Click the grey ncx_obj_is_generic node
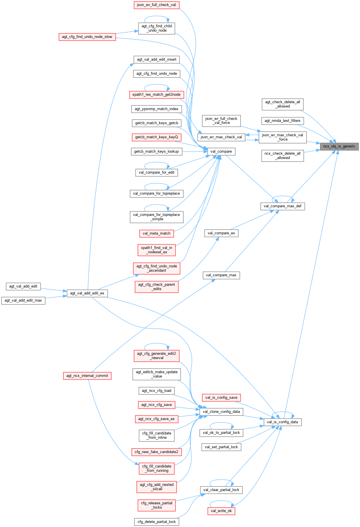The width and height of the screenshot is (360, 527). point(339,146)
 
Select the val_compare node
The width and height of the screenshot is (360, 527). point(221,152)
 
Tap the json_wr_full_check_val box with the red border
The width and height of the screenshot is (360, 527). point(156,5)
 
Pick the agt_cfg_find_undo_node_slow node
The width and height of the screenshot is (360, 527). point(87,37)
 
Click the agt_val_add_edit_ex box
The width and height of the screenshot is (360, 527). point(87,293)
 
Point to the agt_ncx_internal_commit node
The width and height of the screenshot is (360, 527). point(87,376)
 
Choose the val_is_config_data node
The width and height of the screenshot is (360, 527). point(282,422)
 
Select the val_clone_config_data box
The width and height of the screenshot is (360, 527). point(221,412)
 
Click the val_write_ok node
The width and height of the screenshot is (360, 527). point(221,511)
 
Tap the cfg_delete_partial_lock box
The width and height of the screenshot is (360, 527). point(157,522)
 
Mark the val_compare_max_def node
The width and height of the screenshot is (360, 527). point(282,206)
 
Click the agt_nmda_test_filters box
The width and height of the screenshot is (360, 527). point(282,121)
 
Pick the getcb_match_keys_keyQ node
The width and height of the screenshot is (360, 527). point(157,137)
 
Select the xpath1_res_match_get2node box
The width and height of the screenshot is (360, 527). point(157,95)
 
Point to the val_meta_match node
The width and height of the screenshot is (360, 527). point(157,233)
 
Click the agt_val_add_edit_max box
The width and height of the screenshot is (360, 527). point(23,300)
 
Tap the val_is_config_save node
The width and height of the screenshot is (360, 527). point(221,398)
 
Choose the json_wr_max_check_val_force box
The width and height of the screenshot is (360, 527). point(282,137)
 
